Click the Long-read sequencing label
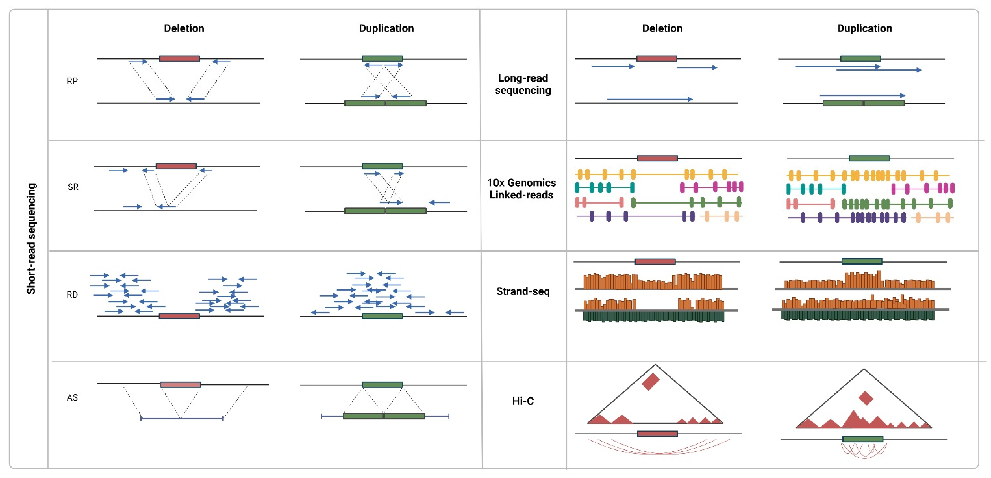click(x=523, y=84)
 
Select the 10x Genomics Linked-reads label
click(x=522, y=189)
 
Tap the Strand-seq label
click(x=523, y=291)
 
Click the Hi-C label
click(x=523, y=401)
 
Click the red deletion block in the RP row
click(x=179, y=58)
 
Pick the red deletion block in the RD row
click(x=179, y=316)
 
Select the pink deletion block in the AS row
click(x=180, y=385)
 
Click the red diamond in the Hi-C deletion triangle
click(x=651, y=381)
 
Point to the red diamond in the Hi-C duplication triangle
click(x=866, y=398)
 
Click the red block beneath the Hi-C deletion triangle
click(x=657, y=434)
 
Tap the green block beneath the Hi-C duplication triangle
click(x=863, y=439)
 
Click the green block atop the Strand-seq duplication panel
click(x=862, y=261)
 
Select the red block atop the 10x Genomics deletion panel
click(x=657, y=158)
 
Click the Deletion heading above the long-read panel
click(x=662, y=28)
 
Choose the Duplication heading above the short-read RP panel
click(x=386, y=28)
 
